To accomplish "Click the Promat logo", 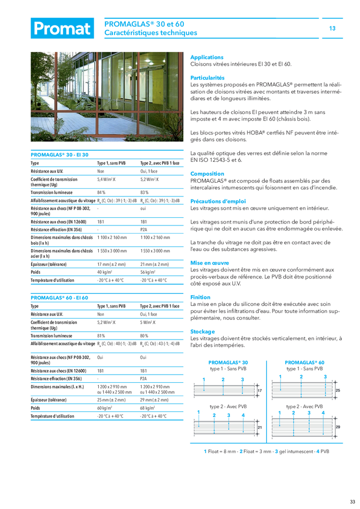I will pyautogui.click(x=62, y=29).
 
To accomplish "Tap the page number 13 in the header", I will pyautogui.click(x=333, y=29).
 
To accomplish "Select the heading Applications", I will pyautogui.click(x=207, y=58).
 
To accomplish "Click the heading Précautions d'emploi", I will pyautogui.click(x=218, y=201).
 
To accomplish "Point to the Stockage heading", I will pyautogui.click(x=203, y=331).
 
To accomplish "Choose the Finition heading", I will pyautogui.click(x=200, y=297).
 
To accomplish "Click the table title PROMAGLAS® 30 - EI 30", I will pyautogui.click(x=60, y=154).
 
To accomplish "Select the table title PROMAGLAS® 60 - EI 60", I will pyautogui.click(x=60, y=297).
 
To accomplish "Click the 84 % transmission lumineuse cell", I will pyautogui.click(x=101, y=192).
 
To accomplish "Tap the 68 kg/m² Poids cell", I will pyautogui.click(x=148, y=408).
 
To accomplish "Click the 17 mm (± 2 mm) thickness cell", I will pyautogui.click(x=112, y=264).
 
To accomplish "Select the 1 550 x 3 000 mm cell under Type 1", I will pyautogui.click(x=112, y=251).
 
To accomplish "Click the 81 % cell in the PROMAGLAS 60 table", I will pyautogui.click(x=101, y=336).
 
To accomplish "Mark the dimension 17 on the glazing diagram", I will pyautogui.click(x=259, y=390).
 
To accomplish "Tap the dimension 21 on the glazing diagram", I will pyautogui.click(x=259, y=428).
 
